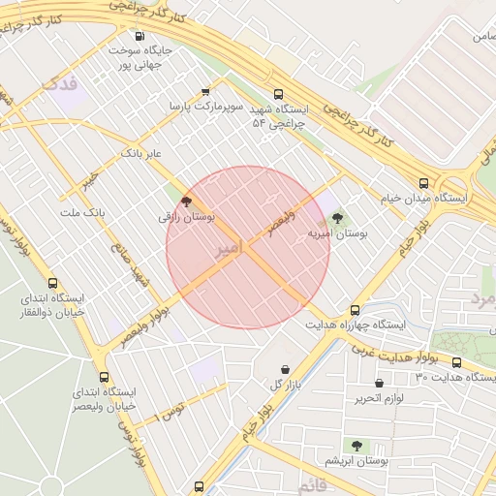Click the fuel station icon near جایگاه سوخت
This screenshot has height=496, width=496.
pos(139,37)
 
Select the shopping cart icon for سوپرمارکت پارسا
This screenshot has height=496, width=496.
pos(204,92)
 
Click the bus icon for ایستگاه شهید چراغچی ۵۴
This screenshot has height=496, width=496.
pos(279,95)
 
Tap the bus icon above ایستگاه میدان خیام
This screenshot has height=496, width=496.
pos(423,182)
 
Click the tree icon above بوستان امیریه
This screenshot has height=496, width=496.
pos(336,218)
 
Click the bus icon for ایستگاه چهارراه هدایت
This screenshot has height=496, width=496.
pos(355,310)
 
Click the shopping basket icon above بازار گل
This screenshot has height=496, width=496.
pos(284,369)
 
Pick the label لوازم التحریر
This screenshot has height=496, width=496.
pos(380,398)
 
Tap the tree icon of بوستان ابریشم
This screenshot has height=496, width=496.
pos(356,446)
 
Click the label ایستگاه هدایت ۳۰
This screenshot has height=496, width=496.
pos(453,377)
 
